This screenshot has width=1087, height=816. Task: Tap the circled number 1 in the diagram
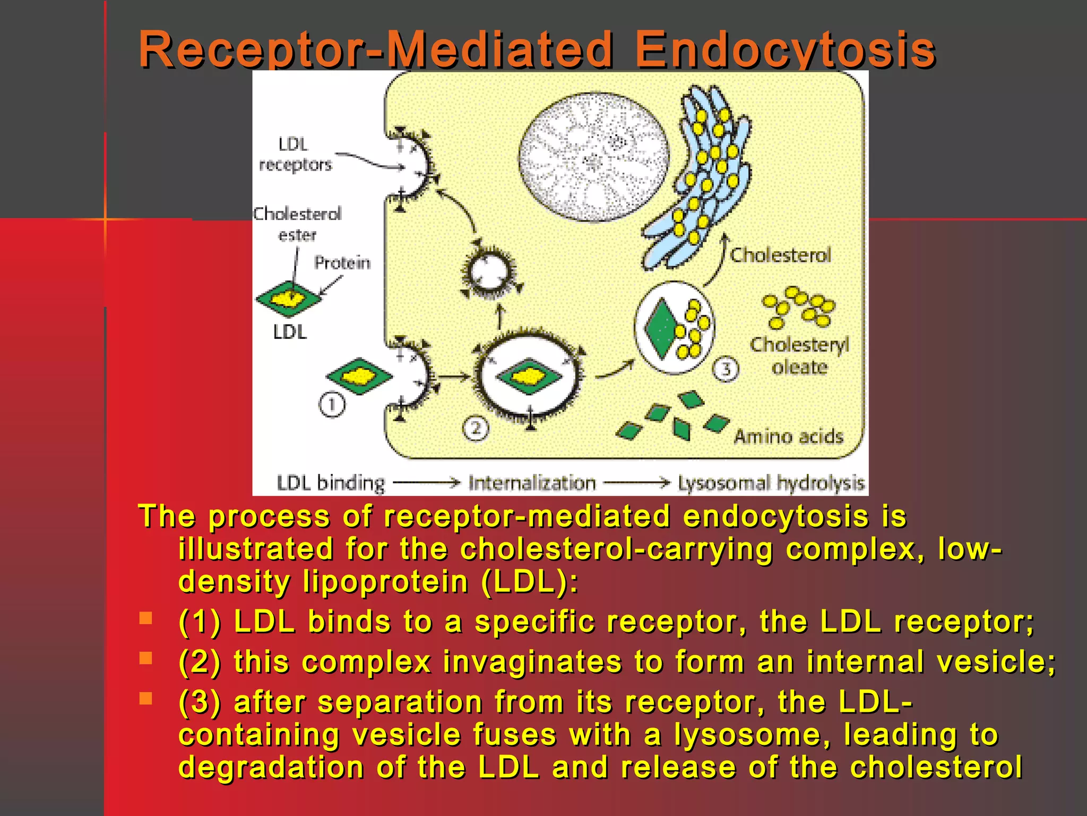click(x=332, y=405)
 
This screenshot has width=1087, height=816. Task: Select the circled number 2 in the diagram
click(x=475, y=428)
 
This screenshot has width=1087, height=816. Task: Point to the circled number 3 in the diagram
click(x=726, y=369)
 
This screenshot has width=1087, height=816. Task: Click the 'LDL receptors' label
click(x=295, y=155)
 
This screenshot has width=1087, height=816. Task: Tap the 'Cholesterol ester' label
click(x=297, y=224)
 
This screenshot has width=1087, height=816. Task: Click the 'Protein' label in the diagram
click(x=342, y=262)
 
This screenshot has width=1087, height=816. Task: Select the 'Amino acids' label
click(x=788, y=437)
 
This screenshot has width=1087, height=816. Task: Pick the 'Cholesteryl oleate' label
click(x=799, y=355)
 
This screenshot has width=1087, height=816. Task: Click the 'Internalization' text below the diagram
click(x=532, y=483)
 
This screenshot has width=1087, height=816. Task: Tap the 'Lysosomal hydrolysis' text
click(x=771, y=483)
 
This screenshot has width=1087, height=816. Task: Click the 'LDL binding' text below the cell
click(x=331, y=483)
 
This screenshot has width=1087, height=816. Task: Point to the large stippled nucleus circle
click(x=593, y=157)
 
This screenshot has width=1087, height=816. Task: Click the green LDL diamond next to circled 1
click(x=359, y=377)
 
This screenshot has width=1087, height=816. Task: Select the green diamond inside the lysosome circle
click(x=660, y=329)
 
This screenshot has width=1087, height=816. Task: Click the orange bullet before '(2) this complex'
click(x=145, y=658)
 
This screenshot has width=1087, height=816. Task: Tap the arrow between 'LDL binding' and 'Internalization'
click(x=426, y=483)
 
